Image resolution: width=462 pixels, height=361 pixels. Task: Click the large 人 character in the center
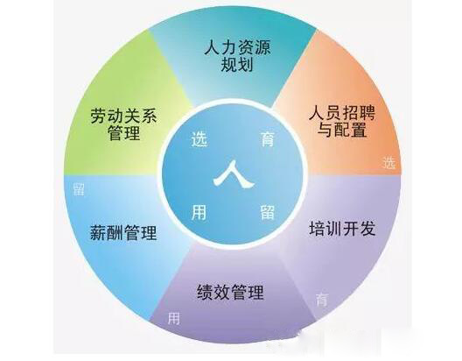click(234, 174)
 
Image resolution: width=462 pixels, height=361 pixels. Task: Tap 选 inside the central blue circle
click(199, 139)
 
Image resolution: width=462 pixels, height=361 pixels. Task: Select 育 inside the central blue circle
click(267, 138)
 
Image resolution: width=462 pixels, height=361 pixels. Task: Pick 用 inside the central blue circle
click(199, 212)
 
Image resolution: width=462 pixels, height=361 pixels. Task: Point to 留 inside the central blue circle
click(267, 212)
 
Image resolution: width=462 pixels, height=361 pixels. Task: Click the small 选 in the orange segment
click(388, 162)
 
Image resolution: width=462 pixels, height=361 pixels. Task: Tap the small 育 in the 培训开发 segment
click(321, 300)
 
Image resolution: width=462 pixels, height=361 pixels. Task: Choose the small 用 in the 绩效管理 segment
click(174, 319)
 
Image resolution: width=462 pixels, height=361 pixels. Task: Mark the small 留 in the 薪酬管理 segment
click(79, 188)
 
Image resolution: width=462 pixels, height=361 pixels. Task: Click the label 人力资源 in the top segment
click(237, 48)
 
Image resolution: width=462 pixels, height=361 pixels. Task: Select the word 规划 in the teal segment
click(237, 64)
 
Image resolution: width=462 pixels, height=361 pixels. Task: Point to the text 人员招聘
click(342, 113)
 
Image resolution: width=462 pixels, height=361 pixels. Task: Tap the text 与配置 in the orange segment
click(342, 130)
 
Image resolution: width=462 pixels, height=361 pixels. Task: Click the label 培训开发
click(342, 229)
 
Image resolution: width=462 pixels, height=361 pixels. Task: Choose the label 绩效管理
click(230, 292)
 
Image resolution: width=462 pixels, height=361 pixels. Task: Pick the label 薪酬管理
click(123, 232)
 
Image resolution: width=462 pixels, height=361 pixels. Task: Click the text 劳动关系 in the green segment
click(123, 116)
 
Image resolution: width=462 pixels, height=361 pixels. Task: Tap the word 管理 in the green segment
click(123, 132)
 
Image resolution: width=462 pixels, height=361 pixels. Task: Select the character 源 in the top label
click(262, 48)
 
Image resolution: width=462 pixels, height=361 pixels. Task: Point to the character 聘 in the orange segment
click(367, 113)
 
